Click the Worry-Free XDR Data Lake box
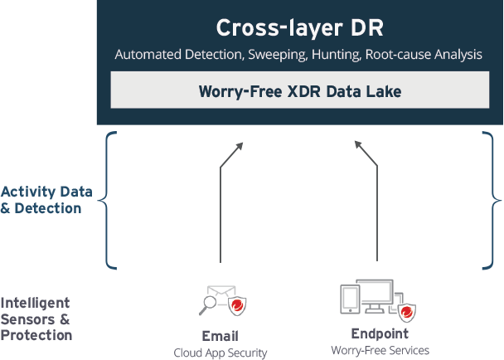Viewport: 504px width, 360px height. [x=299, y=90]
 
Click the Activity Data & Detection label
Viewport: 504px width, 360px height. [x=41, y=200]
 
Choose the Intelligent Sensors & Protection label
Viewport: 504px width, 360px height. [x=36, y=319]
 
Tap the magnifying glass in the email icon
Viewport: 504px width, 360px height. [x=207, y=305]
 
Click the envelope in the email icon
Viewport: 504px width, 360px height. [x=220, y=294]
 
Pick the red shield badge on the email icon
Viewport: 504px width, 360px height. [x=238, y=305]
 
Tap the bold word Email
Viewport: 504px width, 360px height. [x=220, y=336]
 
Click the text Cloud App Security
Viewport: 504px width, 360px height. [x=220, y=353]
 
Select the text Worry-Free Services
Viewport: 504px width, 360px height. [x=380, y=351]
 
